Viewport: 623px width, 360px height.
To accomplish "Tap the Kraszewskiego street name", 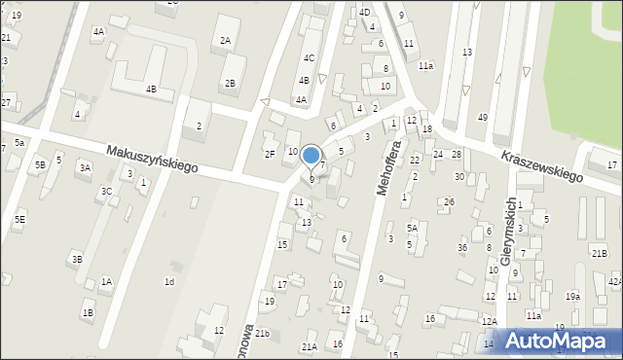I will point(541,165).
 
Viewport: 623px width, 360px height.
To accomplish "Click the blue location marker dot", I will point(311,154).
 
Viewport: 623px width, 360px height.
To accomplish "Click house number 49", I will point(482,118).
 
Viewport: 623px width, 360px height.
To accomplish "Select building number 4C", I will point(309,58).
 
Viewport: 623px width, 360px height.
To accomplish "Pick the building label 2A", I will point(225,41).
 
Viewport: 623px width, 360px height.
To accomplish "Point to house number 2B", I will point(230,83).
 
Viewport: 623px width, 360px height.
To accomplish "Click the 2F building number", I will point(270,154).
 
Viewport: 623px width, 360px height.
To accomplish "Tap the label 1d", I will point(169,282).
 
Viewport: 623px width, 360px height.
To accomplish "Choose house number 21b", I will point(262,334).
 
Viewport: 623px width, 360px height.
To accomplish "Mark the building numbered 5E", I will point(19,220).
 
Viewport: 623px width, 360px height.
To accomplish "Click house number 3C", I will point(106,192).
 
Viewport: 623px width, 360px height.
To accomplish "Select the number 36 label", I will point(462,247).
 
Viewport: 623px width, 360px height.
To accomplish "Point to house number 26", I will point(449,202).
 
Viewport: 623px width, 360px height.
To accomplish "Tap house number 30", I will point(458,176).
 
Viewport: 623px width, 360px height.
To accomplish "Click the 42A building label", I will point(614,281).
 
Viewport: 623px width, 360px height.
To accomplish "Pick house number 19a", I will point(573,296).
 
